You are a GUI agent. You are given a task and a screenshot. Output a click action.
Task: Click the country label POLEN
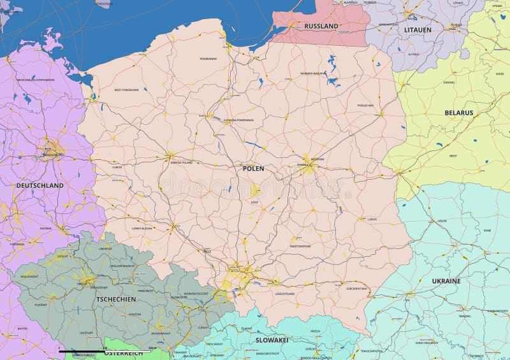pos(252,169)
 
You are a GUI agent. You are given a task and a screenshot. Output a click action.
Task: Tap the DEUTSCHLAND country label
pos(40,185)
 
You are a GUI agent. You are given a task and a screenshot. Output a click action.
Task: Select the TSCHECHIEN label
pos(115,299)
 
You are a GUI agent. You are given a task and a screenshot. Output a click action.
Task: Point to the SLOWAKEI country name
pos(272,340)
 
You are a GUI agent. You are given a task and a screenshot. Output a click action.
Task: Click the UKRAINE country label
pos(446,281)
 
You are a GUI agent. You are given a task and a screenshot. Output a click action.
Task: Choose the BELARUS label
pos(459,113)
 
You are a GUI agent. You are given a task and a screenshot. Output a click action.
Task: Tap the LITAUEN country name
pos(418,30)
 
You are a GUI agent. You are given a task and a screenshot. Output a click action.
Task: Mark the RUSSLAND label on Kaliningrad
pos(321,26)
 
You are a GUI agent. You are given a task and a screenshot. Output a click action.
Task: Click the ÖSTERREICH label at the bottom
pos(123,352)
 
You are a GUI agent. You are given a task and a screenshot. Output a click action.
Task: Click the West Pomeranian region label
pos(126,90)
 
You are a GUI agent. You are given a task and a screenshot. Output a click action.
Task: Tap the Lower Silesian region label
pos(142,227)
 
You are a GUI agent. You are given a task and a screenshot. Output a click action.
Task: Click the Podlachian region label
pos(365,105)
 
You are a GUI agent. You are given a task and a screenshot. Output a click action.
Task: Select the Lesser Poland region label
pos(285,294)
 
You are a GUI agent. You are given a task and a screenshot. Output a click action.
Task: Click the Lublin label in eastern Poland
pos(372,219)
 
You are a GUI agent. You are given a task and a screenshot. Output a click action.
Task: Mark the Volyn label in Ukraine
pos(442,221)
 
